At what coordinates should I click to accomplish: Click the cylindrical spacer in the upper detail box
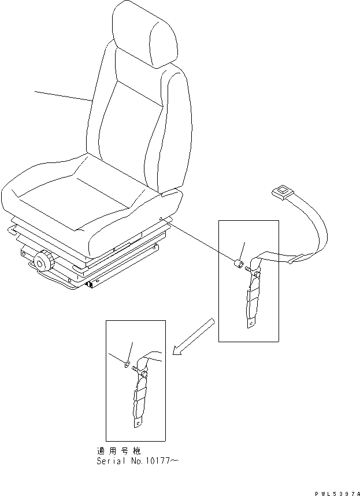coord(237,265)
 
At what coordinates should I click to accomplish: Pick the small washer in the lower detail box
coord(127,364)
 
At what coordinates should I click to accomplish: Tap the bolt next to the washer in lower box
coord(136,367)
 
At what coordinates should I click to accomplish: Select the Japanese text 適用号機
coord(118,450)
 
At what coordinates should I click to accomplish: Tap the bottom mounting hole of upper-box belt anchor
coord(250,324)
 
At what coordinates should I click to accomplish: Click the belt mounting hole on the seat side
coord(160,218)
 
